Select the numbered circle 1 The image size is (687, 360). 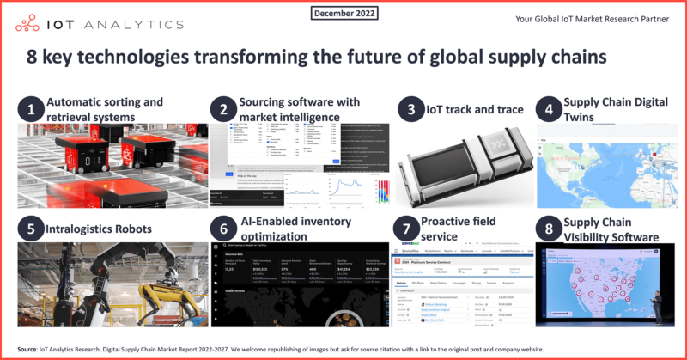coord(32,109)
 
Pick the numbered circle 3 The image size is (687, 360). coord(411,109)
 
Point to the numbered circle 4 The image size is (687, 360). coord(546,109)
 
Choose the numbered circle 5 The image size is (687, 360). coord(32,229)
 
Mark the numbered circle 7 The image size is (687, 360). coord(411,229)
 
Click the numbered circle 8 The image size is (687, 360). coord(546,229)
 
